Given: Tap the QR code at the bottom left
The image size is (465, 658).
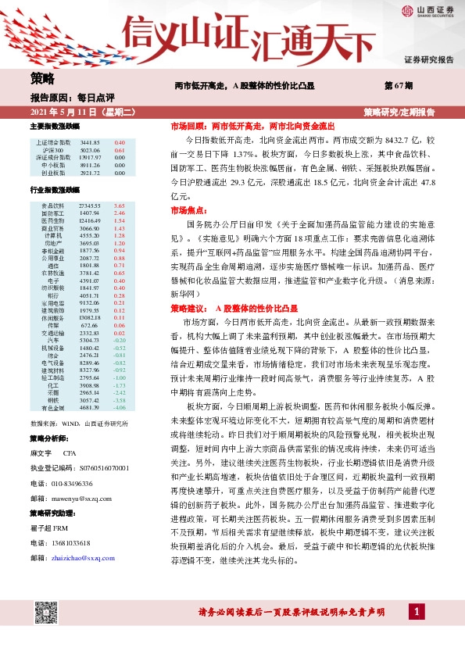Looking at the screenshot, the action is pos(48,608).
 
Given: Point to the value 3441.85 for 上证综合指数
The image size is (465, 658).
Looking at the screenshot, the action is pos(91,143).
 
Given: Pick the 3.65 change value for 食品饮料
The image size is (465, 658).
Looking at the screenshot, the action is pos(119,205).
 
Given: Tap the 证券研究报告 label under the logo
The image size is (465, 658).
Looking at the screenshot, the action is pos(428,60).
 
